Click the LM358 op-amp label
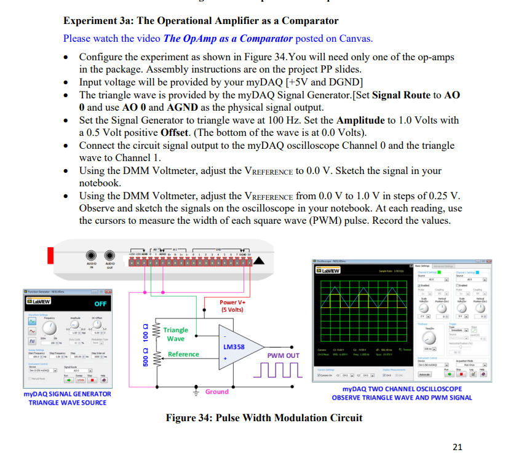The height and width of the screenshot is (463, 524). click(x=234, y=347)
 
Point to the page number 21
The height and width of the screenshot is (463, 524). click(x=456, y=447)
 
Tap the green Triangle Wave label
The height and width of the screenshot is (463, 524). click(x=176, y=334)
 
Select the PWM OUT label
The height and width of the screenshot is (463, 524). click(x=283, y=355)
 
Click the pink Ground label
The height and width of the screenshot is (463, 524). click(x=216, y=392)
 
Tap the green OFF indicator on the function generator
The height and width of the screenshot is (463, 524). click(x=101, y=304)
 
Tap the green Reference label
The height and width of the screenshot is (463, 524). click(x=183, y=354)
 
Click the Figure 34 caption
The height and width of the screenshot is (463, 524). click(x=264, y=418)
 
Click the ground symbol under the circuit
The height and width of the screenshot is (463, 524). click(x=195, y=392)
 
